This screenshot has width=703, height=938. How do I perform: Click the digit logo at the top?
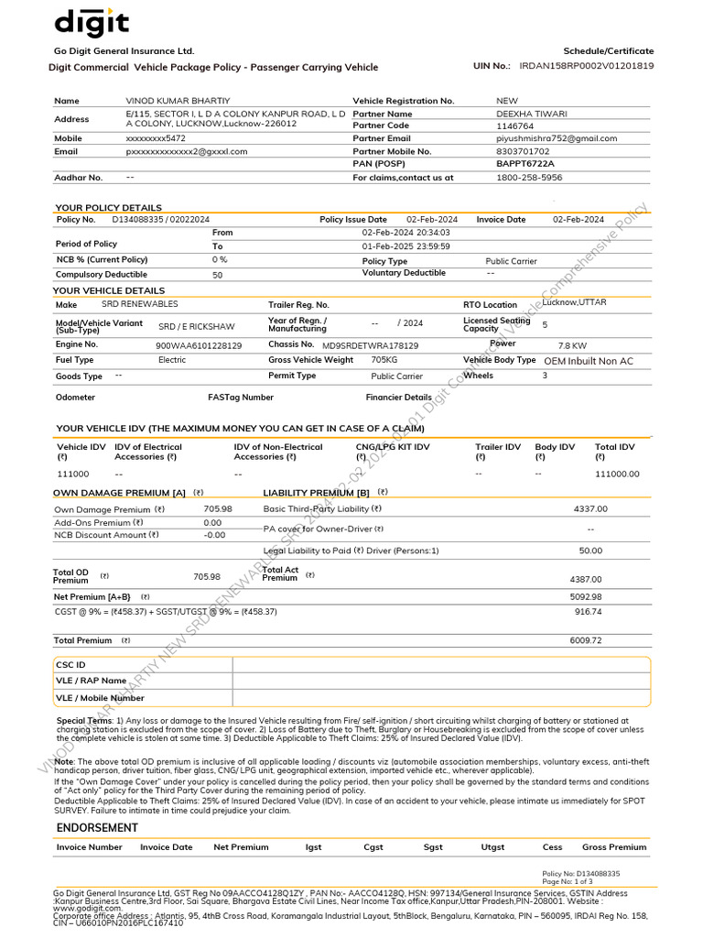click(x=92, y=22)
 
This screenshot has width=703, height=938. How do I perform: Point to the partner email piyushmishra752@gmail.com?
click(x=556, y=138)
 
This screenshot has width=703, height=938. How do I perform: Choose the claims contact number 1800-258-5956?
click(x=529, y=178)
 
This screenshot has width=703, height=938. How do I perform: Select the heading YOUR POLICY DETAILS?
click(x=108, y=208)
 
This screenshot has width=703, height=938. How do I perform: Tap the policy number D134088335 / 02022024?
click(x=161, y=220)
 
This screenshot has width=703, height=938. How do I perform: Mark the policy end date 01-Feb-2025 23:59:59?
click(x=406, y=246)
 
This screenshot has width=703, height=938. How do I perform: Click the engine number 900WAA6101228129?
click(x=200, y=345)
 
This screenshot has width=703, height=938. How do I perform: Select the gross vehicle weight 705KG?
click(x=384, y=360)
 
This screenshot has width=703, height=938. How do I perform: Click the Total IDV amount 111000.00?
click(x=617, y=474)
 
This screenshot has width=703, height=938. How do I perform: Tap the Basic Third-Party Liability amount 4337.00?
click(x=590, y=508)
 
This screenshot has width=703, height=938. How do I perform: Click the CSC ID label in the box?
click(x=70, y=664)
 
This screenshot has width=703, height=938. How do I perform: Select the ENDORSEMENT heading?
click(x=97, y=827)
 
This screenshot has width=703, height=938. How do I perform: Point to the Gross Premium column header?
click(x=614, y=847)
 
